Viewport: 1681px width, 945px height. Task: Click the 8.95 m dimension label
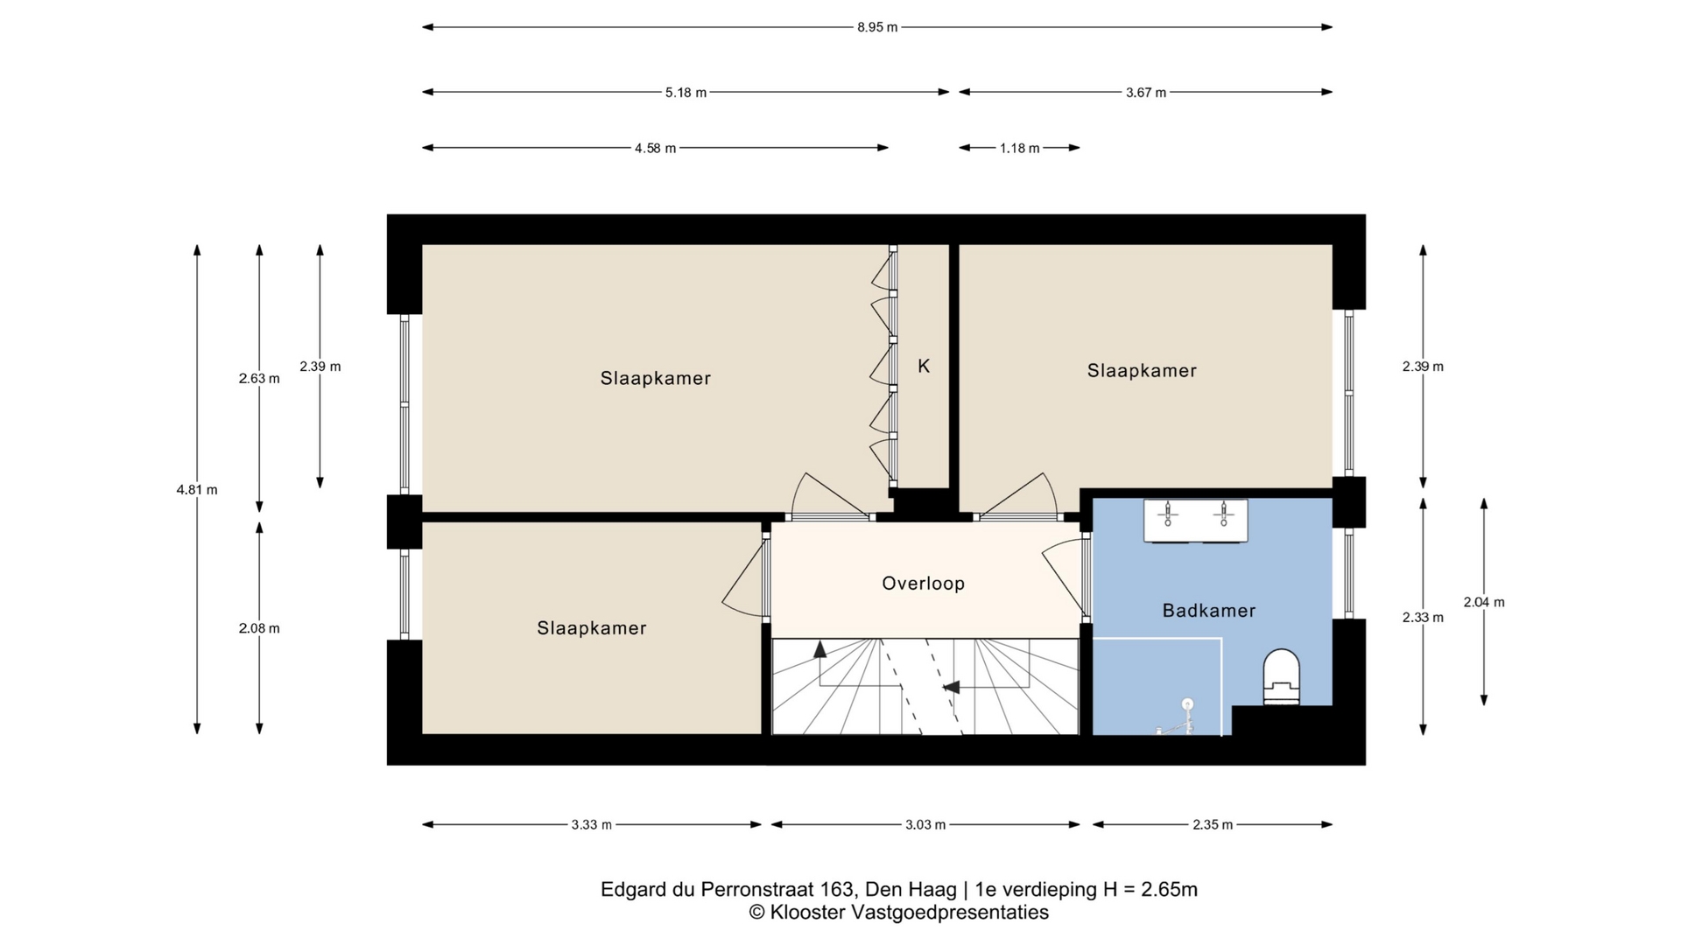coord(877,27)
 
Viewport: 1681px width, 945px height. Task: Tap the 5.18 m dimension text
coord(686,92)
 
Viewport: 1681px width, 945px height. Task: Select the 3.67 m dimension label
coord(1146,92)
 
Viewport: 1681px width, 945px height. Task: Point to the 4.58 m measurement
coord(655,148)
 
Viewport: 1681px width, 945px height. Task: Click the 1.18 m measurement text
coord(1020,148)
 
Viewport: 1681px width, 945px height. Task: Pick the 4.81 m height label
coord(197,490)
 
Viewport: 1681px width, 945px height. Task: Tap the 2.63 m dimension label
coord(259,379)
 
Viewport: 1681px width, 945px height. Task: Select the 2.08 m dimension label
coord(259,628)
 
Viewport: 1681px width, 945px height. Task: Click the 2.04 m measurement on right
coord(1484,602)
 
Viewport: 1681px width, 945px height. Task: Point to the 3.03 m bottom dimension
coord(925,824)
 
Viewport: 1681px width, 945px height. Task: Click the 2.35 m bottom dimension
coord(1213,824)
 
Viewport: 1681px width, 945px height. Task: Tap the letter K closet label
coord(924,367)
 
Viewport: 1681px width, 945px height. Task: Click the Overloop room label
coord(924,584)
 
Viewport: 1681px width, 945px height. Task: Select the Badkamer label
coord(1209,611)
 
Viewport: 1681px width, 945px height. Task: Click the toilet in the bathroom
coord(1282,676)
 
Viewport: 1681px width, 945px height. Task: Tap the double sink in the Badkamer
coord(1196,521)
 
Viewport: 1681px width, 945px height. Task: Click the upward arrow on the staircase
coord(820,649)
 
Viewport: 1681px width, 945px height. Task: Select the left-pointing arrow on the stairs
coord(951,688)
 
